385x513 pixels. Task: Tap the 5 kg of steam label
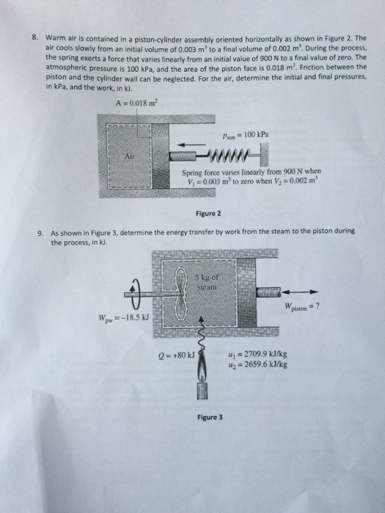point(208,283)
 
